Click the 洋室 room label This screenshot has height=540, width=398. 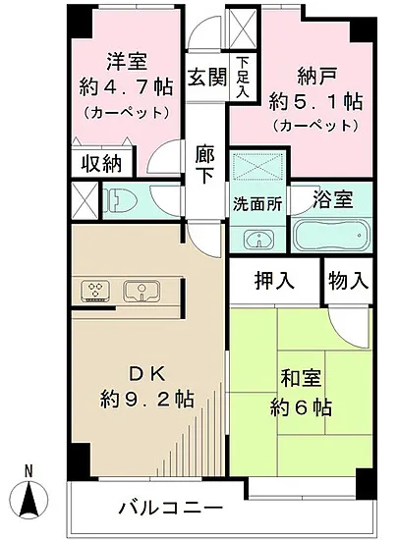(116, 58)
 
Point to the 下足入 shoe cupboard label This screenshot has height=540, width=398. (241, 77)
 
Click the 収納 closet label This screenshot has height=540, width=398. (102, 163)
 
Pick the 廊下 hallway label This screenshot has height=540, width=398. (204, 164)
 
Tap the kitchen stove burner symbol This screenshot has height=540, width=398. (96, 290)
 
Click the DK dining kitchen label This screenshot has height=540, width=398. (133, 372)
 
